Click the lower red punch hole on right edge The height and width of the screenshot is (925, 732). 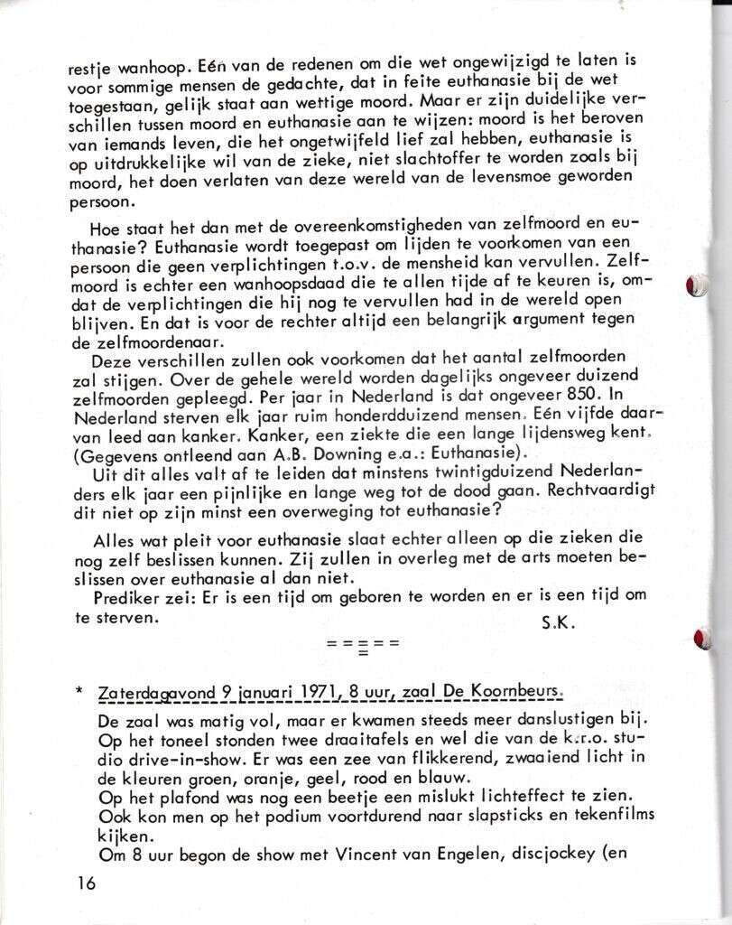701,638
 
